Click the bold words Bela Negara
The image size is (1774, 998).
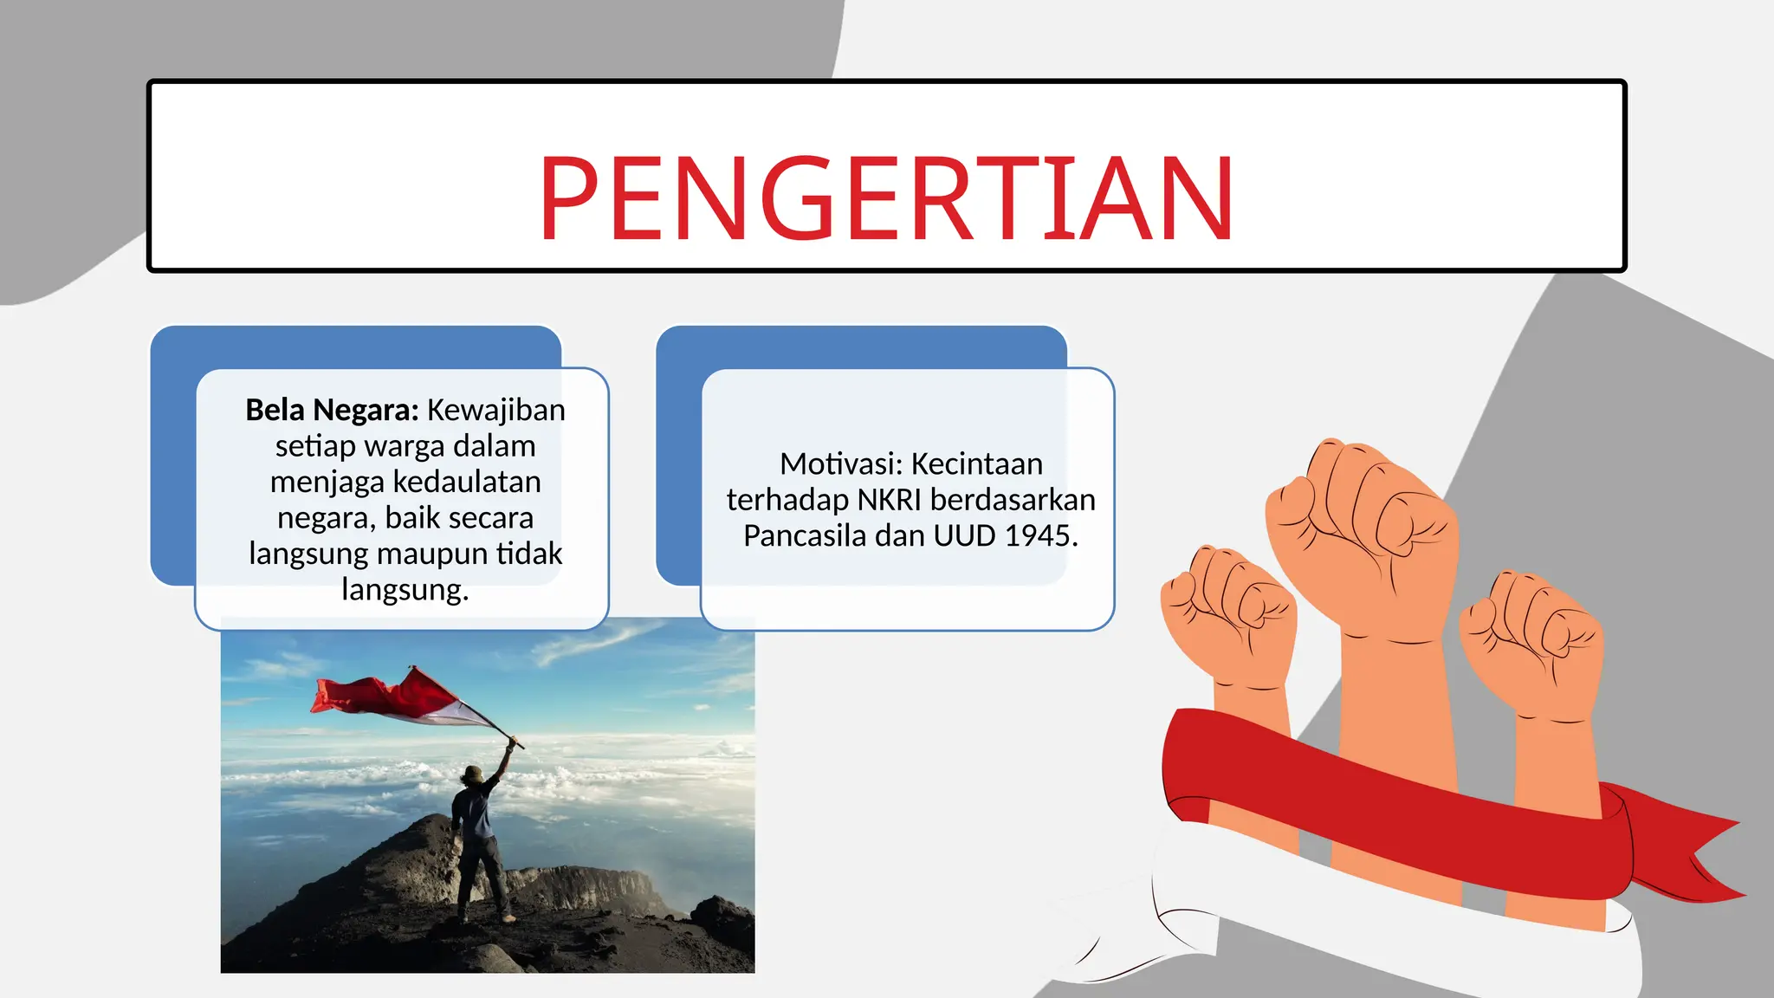[x=332, y=410]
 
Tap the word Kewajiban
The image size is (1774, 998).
[x=496, y=410]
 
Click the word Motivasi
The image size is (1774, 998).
[x=839, y=464]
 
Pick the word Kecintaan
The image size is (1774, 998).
[x=977, y=464]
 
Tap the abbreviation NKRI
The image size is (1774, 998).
[x=890, y=501]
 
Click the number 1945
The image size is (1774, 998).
[x=1040, y=536]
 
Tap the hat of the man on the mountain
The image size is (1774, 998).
[x=473, y=773]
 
